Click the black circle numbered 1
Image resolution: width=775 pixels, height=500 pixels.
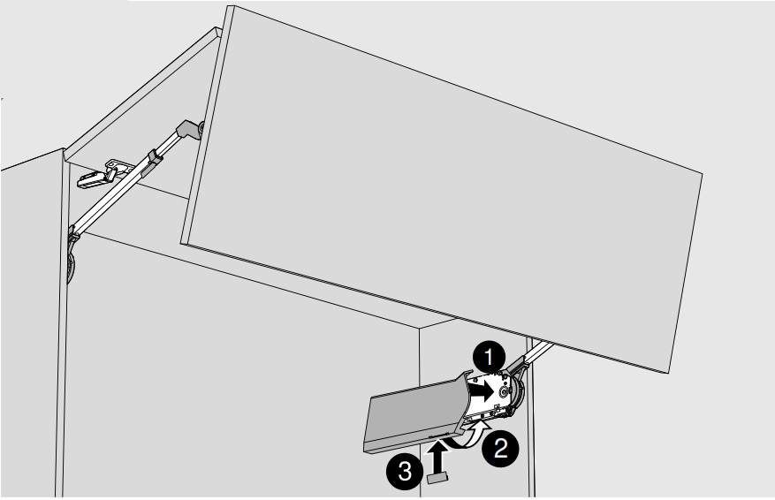489,357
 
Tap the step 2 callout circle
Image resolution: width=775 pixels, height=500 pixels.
501,449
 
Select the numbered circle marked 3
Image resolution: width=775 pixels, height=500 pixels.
405,472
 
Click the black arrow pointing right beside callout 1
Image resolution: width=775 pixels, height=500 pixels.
481,392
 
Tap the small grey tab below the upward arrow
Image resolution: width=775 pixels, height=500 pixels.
437,477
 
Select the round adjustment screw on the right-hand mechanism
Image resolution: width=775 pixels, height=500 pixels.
503,392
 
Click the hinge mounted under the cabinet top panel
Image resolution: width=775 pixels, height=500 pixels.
104,174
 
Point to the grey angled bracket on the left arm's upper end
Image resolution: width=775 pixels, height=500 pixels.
189,130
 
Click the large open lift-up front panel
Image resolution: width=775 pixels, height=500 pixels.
441,189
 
